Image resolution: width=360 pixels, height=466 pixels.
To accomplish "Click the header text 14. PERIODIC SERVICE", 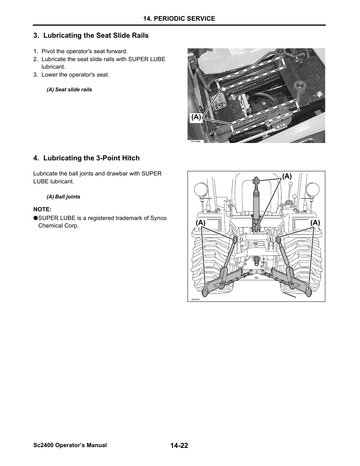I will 179,18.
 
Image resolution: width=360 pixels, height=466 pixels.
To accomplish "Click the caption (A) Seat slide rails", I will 69,90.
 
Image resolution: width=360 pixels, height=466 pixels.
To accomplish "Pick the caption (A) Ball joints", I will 63,197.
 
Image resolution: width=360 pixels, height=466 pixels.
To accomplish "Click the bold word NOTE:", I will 42,209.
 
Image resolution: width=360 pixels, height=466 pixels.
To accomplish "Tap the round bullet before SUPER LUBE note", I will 35,218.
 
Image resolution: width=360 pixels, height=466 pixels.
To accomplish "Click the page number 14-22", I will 179,446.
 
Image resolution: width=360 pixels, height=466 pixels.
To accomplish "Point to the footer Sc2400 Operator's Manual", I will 70,445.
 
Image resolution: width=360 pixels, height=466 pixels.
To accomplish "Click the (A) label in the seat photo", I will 196,117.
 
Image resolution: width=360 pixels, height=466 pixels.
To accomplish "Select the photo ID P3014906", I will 195,141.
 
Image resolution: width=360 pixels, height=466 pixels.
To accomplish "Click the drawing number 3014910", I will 195,300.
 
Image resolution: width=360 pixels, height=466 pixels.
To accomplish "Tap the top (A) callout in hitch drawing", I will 287,176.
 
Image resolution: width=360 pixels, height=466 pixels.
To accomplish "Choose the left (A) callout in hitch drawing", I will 200,223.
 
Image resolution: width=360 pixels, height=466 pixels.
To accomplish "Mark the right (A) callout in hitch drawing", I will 315,223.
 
